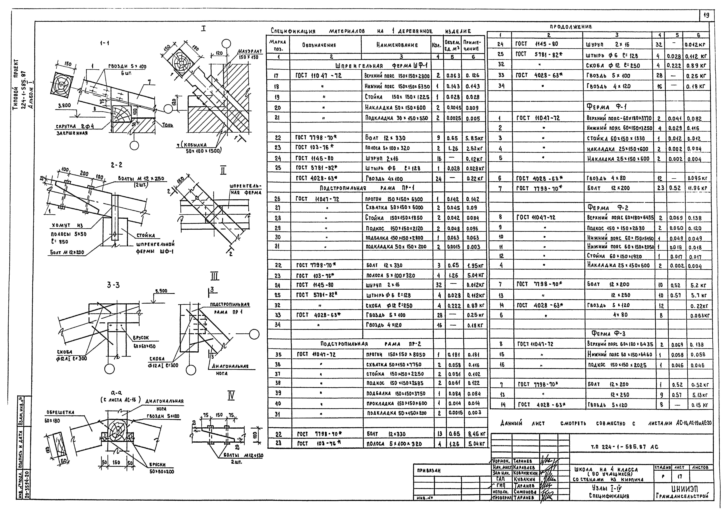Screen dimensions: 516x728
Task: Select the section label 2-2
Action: coord(117,165)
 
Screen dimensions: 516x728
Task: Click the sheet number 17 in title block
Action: coord(679,477)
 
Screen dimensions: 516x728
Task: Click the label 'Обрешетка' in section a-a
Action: coord(60,412)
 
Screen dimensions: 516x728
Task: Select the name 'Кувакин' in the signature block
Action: coord(524,479)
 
